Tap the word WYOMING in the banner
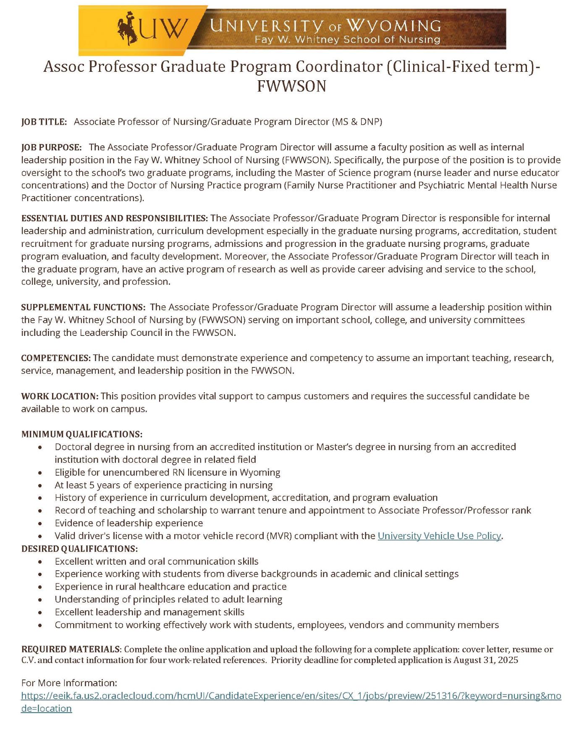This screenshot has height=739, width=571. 393,26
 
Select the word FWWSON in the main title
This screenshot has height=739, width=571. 291,86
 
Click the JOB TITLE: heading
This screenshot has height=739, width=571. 44,122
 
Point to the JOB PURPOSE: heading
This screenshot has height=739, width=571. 52,147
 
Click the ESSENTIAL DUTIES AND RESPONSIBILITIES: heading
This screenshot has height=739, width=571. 114,218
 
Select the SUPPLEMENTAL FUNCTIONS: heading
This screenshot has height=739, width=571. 83,307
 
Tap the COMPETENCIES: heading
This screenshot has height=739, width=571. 56,358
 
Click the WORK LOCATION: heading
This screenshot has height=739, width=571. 60,396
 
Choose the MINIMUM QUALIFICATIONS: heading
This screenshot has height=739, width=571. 82,434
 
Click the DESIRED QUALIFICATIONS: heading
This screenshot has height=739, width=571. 79,549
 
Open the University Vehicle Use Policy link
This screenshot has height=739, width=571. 439,536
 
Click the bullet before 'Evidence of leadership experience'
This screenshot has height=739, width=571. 40,524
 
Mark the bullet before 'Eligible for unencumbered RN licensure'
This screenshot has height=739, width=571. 40,473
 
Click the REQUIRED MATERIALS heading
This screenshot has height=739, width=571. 71,650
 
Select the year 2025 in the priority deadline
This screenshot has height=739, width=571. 508,660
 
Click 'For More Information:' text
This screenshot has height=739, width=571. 69,683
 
